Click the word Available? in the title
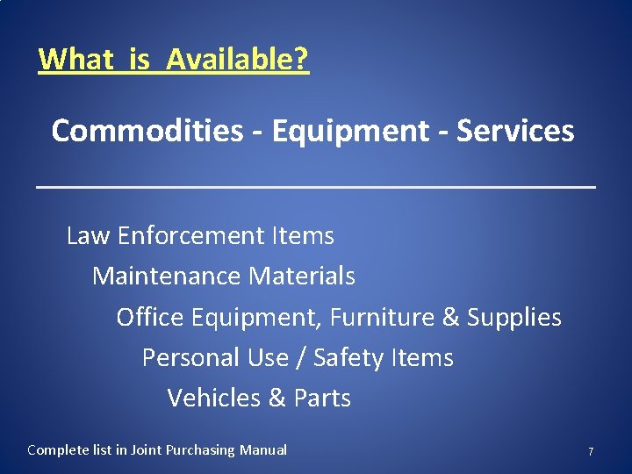tap(237, 60)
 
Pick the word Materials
tap(302, 276)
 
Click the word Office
tap(149, 317)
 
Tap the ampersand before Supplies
tap(451, 317)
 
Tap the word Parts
tap(322, 398)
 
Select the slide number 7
tap(591, 451)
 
